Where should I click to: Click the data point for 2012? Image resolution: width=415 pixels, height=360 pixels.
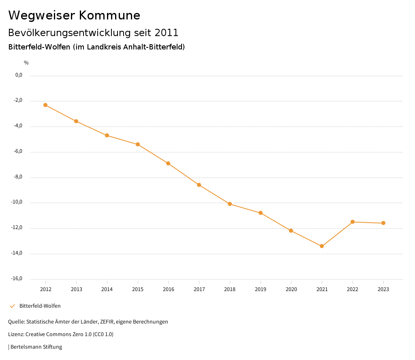[45, 105]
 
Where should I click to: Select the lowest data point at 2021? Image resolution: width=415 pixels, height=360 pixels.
[322, 246]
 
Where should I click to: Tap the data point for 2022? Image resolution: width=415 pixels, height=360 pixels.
[353, 222]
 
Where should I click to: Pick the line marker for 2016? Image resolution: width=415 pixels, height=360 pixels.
[168, 163]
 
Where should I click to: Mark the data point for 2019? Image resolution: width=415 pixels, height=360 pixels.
[261, 213]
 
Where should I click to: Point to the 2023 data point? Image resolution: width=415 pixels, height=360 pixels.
[383, 223]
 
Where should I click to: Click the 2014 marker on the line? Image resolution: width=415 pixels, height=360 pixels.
[107, 135]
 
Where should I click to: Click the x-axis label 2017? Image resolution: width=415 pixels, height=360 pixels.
[199, 289]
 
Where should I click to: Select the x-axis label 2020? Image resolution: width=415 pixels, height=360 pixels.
[291, 289]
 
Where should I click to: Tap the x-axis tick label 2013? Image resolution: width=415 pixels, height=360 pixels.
[76, 289]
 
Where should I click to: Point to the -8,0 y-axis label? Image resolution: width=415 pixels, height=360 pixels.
[19, 177]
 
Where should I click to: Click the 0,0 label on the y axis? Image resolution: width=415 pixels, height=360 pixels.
[19, 75]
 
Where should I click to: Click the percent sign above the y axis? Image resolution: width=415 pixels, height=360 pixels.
[26, 63]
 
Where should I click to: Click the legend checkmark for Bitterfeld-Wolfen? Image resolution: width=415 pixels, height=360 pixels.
[12, 306]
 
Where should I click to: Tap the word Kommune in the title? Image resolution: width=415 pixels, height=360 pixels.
[109, 15]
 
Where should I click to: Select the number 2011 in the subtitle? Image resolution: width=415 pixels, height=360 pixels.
[167, 33]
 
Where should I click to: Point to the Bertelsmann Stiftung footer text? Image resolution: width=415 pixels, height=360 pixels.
[36, 347]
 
